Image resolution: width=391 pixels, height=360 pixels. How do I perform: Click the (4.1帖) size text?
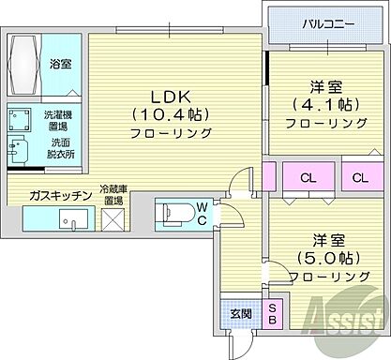tap(318, 104)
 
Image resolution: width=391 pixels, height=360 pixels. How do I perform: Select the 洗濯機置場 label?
tap(59, 120)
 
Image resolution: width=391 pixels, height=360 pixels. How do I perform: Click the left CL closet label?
tap(308, 178)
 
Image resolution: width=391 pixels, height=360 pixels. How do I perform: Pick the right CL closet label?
tap(359, 178)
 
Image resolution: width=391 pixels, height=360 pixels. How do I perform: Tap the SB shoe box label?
tap(273, 314)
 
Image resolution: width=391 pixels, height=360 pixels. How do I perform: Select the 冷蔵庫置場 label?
tap(115, 193)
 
